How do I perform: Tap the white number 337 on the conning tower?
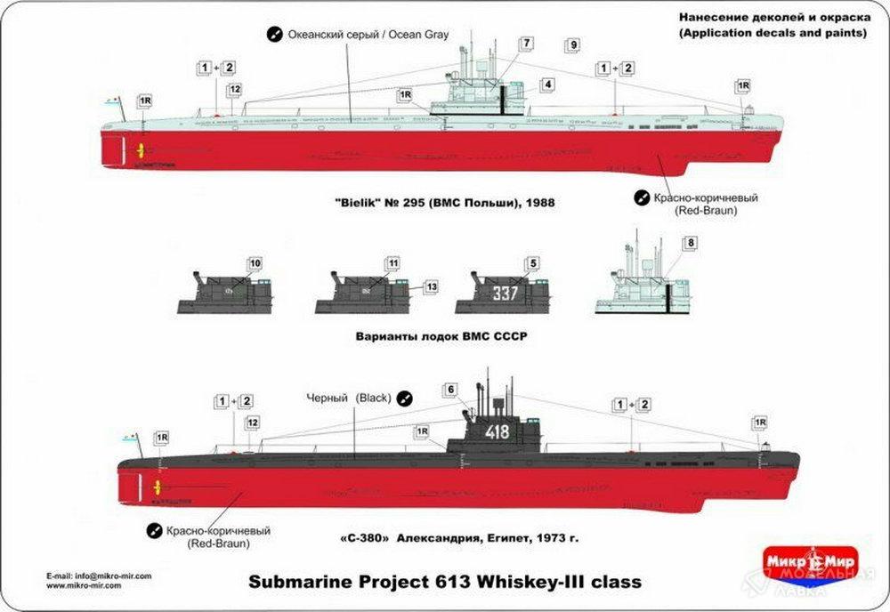click(505, 292)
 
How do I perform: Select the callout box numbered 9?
click(573, 45)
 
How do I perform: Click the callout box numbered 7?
click(528, 44)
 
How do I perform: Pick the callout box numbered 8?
click(691, 242)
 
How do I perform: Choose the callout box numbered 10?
click(255, 264)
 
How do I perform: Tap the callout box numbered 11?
click(392, 264)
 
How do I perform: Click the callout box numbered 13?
click(431, 287)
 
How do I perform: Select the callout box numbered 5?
click(533, 263)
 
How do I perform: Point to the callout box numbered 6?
click(450, 390)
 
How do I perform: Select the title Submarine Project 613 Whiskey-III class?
click(444, 581)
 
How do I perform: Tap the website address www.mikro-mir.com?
click(85, 585)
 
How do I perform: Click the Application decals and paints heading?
click(772, 33)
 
